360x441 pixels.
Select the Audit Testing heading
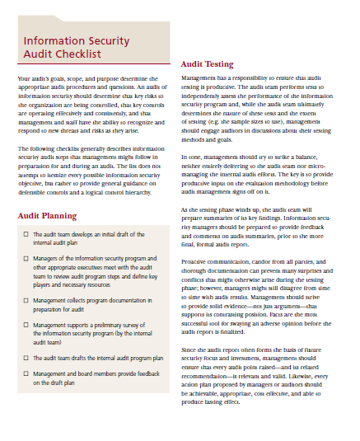point(207,63)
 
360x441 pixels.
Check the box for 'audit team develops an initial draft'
point(27,235)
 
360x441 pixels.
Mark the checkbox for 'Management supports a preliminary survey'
point(27,326)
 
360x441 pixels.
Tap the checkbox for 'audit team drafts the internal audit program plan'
point(27,359)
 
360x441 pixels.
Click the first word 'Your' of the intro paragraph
point(24,77)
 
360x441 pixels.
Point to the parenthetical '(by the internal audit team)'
point(124,340)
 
